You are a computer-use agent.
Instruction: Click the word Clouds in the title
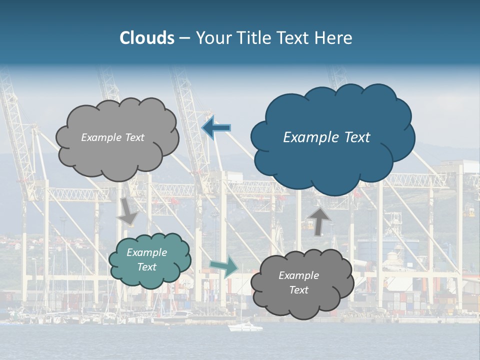coord(147,38)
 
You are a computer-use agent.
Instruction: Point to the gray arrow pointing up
coord(319,220)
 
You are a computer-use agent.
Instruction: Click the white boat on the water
coord(245,327)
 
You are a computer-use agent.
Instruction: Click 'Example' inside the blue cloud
coord(308,137)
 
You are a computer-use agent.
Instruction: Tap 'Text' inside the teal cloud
coord(147,267)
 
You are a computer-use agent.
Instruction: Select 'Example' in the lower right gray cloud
coord(298,275)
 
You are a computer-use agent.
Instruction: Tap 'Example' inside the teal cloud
coord(147,252)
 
